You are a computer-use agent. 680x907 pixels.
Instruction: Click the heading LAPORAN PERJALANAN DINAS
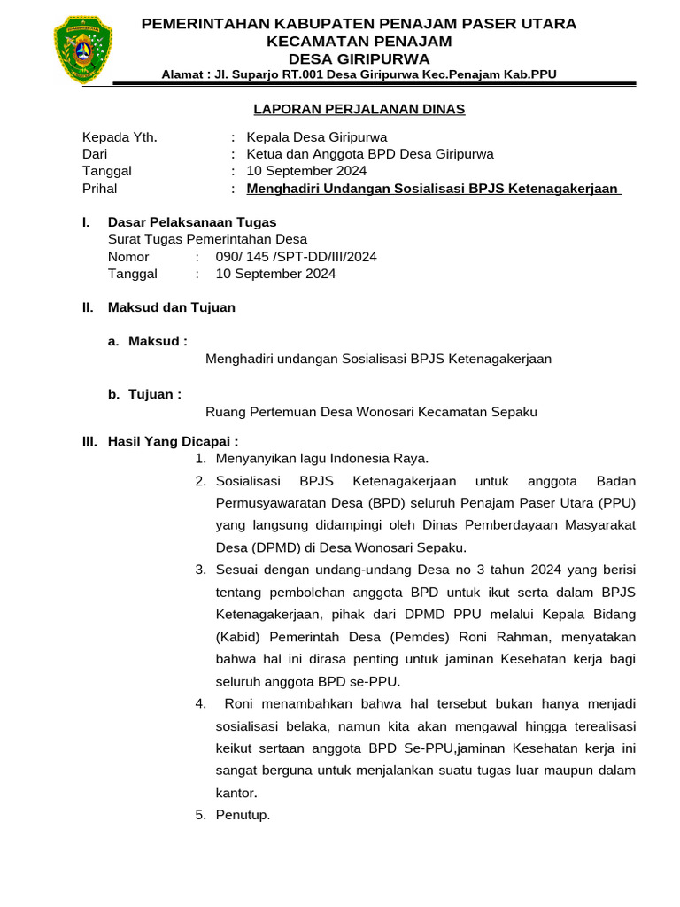click(x=359, y=109)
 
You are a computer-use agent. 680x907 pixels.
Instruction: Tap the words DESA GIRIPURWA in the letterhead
click(x=359, y=58)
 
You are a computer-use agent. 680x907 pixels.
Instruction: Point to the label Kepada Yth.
click(x=120, y=137)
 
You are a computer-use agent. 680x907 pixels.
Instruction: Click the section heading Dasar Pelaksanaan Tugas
click(x=191, y=222)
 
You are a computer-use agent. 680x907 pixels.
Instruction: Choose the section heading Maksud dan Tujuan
click(x=171, y=307)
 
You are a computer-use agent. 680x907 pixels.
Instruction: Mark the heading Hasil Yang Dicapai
click(x=173, y=441)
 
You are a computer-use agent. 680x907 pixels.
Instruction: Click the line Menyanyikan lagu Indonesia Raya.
click(x=322, y=458)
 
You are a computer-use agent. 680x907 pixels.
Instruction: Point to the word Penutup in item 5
click(x=243, y=815)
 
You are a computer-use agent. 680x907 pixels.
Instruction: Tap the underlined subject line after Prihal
click(x=434, y=189)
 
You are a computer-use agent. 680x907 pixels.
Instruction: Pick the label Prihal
click(x=99, y=189)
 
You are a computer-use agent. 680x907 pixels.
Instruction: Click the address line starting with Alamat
click(x=359, y=74)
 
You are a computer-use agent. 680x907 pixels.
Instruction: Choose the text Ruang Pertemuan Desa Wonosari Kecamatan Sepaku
click(x=371, y=412)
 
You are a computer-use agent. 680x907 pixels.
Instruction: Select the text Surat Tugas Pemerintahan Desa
click(x=207, y=239)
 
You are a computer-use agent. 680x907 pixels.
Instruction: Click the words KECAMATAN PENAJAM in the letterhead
click(x=359, y=41)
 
